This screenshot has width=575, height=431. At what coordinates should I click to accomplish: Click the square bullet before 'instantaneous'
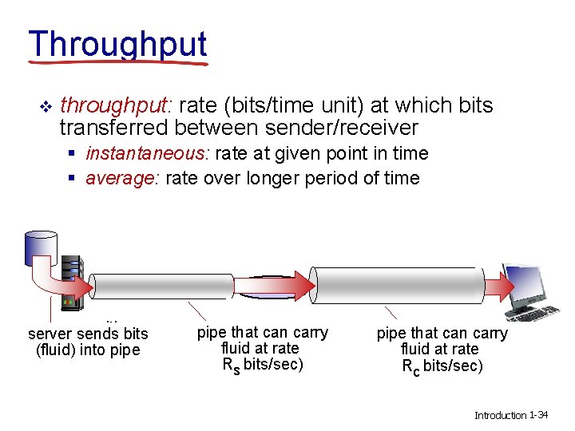click(x=73, y=154)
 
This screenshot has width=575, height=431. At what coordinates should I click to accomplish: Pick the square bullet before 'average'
click(x=73, y=179)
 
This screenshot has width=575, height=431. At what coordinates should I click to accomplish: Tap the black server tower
click(x=72, y=279)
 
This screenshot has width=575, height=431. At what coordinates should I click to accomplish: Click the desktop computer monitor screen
click(x=528, y=283)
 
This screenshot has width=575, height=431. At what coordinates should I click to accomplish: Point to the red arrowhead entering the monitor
click(x=504, y=286)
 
